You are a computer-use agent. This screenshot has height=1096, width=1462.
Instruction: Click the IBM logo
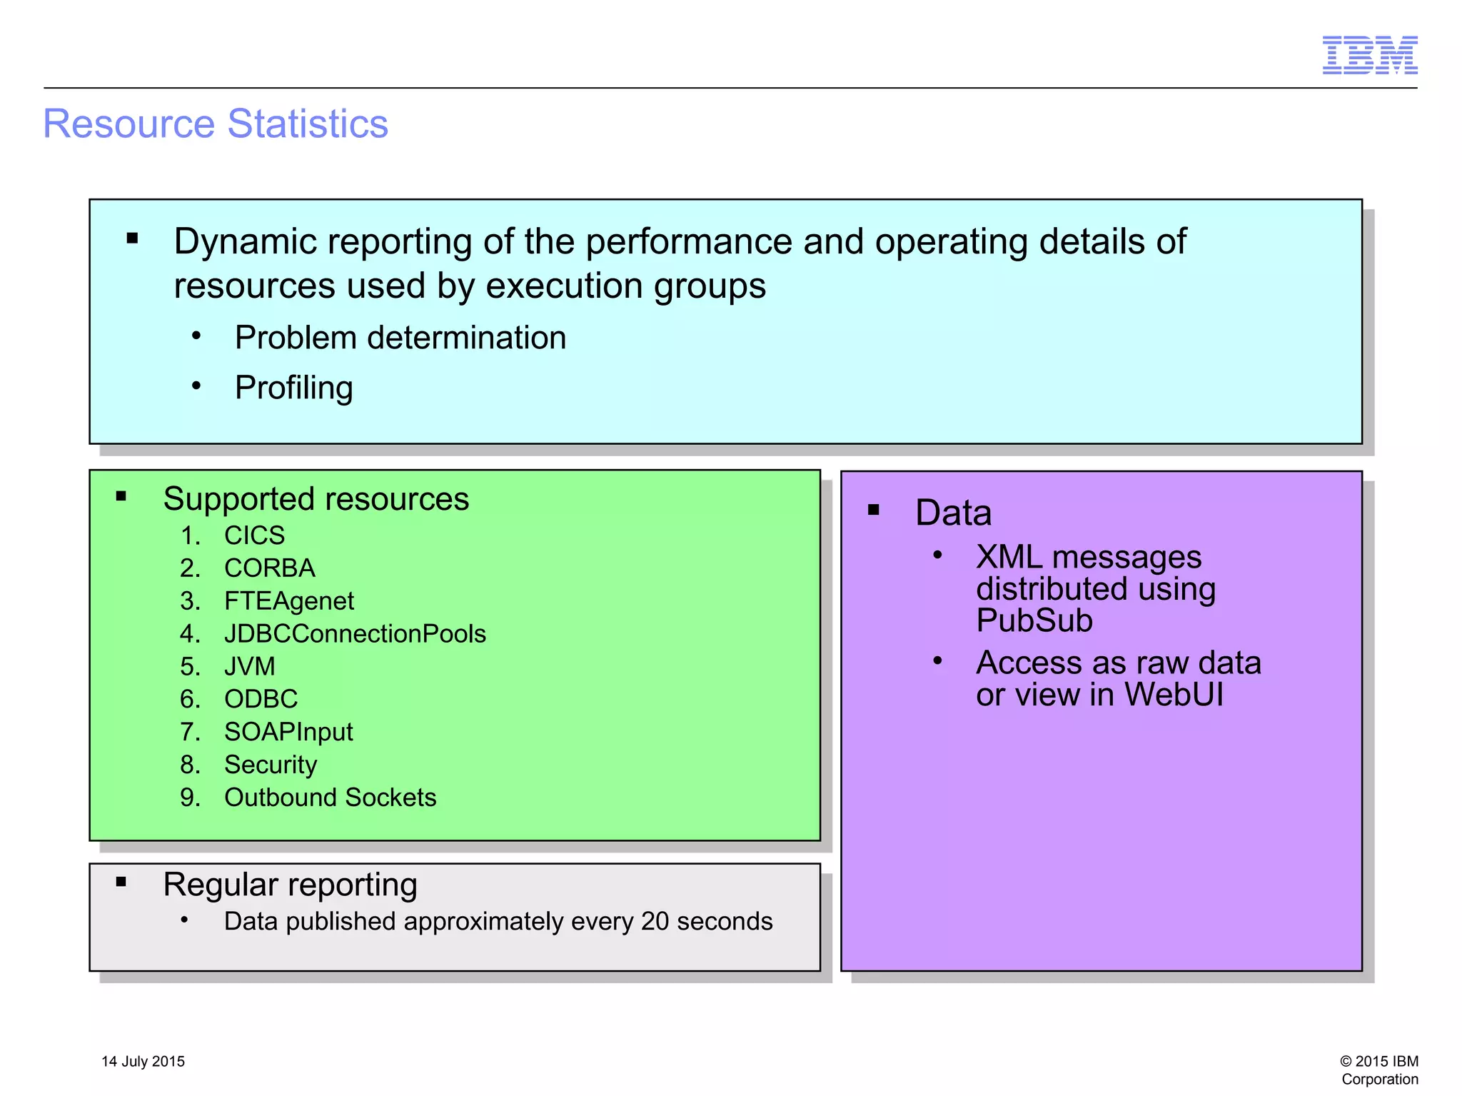coord(1369,55)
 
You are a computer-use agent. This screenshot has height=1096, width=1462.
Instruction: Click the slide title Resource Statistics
coord(216,124)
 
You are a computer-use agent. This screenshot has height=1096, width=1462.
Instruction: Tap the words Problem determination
coord(400,338)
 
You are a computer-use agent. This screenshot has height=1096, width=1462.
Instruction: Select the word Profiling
coord(293,388)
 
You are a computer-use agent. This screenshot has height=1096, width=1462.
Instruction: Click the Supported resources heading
coord(316,498)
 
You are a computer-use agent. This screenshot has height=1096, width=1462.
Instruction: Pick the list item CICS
coord(254,536)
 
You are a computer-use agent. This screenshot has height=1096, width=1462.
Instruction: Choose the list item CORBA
coord(269,568)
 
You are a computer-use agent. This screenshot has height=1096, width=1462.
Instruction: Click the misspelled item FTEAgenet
coord(288,601)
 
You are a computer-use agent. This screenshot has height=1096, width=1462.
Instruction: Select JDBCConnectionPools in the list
coord(354,634)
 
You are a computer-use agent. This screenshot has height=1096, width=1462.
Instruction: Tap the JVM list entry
coord(249,666)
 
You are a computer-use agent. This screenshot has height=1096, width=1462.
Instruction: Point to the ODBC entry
coord(261,699)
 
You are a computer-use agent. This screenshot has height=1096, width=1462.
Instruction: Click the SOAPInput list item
coord(288,732)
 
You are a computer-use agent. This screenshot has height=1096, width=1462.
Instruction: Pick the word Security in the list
coord(270,765)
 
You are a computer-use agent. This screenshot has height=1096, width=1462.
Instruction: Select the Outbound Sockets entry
coord(330,798)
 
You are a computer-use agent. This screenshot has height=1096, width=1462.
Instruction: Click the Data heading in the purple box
coord(953,513)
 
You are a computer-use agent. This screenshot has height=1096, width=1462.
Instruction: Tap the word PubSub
coord(1034,620)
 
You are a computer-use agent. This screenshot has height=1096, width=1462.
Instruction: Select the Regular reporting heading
coord(290,885)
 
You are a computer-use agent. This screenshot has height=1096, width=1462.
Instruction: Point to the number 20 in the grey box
coord(655,921)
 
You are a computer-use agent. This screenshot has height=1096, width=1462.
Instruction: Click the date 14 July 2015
coord(143,1062)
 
